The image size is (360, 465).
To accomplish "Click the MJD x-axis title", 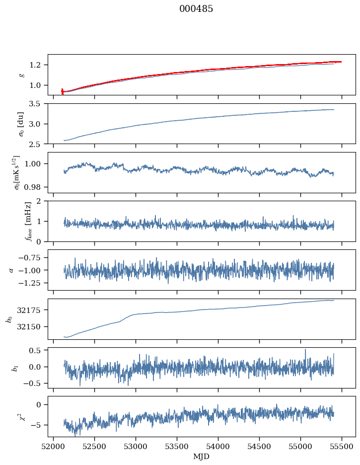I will coord(202,457).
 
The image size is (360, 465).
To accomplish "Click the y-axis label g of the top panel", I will coord(21,75).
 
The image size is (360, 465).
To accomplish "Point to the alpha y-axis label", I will coord(11,270).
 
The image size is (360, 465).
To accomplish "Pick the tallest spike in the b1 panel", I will coord(305,350).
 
